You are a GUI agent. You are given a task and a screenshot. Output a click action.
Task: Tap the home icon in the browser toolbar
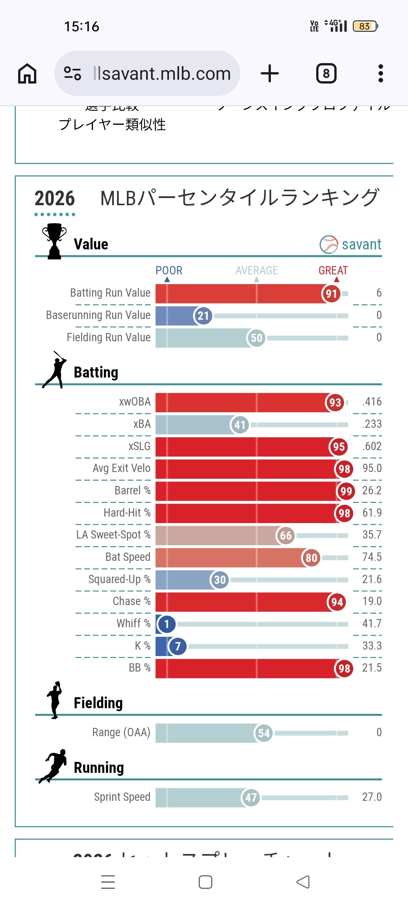point(27,73)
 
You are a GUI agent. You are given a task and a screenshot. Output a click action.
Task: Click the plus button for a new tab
point(270,73)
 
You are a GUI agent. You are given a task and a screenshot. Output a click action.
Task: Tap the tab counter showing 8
point(326,73)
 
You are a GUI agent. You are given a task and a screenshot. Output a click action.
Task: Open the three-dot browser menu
point(380,73)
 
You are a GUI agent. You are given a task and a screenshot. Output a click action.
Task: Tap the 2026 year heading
point(55,198)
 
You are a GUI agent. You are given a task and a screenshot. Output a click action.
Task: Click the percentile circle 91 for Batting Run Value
point(331,294)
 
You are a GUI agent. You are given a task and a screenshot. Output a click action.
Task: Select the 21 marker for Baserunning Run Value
point(203,316)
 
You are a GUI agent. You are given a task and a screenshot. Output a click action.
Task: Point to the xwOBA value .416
point(372,402)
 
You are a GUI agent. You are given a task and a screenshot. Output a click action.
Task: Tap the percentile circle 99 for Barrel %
point(346,491)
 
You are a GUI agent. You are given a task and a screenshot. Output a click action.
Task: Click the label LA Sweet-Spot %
point(113,535)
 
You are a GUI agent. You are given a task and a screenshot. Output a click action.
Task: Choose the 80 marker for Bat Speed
point(311,558)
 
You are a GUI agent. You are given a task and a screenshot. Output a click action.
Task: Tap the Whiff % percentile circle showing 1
point(167,624)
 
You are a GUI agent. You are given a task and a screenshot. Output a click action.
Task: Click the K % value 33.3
point(372,646)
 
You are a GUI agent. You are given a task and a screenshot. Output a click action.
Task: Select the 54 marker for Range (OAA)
point(264,734)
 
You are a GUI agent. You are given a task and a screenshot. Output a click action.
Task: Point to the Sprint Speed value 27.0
point(372,797)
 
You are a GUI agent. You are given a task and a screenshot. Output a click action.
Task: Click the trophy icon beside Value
point(54,241)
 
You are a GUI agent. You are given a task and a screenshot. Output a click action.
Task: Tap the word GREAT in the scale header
point(333,271)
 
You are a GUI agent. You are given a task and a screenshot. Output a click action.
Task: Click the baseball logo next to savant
point(329,245)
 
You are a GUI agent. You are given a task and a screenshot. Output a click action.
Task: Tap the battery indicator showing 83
point(365,26)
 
